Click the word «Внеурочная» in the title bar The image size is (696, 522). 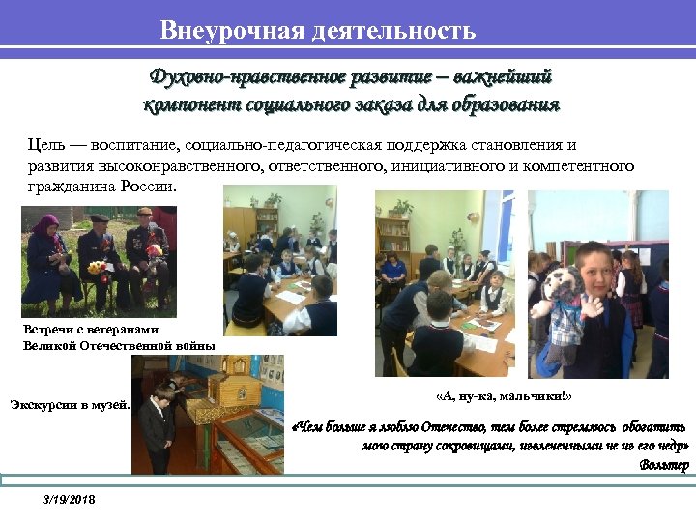tap(232, 30)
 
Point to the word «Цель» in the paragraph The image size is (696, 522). tap(43, 145)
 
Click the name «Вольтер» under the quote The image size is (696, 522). tap(664, 465)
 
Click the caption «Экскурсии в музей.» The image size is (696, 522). tap(70, 404)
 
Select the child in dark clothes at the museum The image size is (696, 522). tap(155, 425)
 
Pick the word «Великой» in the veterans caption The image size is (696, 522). tap(48, 344)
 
